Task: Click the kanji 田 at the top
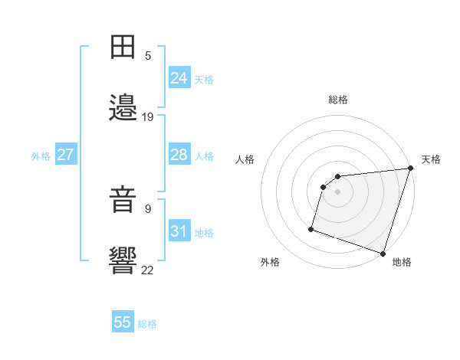click(123, 47)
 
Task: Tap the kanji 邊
click(123, 108)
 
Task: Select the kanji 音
click(123, 201)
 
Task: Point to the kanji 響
click(123, 261)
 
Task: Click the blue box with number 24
click(179, 78)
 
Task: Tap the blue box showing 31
click(179, 231)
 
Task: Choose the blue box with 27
click(65, 155)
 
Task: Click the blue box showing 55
click(123, 322)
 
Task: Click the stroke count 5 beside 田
click(148, 56)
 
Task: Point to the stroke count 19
click(148, 117)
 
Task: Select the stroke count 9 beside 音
click(148, 208)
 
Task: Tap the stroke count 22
click(148, 270)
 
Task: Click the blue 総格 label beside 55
click(147, 324)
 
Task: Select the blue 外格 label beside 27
click(41, 156)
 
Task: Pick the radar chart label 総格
click(338, 100)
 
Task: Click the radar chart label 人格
click(245, 159)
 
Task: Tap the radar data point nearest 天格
click(410, 169)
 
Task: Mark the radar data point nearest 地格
click(383, 253)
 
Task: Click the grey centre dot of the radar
click(337, 191)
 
